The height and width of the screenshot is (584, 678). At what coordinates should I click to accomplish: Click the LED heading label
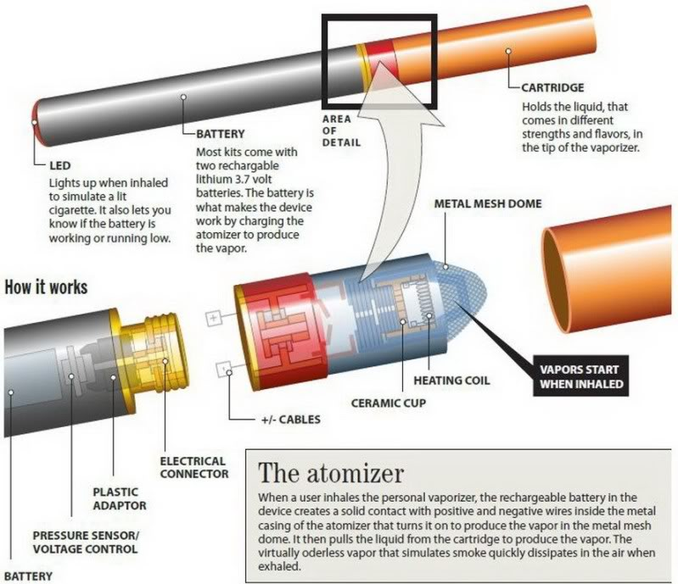pos(59,165)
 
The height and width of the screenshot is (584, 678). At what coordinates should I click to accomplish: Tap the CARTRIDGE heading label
pos(552,87)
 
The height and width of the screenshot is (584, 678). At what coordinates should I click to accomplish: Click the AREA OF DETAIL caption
pos(341,131)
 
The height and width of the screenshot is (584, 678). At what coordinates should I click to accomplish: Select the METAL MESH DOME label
pos(488,204)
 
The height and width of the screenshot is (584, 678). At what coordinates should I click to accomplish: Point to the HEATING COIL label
pos(451,381)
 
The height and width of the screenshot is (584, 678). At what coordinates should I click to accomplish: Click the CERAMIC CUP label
pos(389,403)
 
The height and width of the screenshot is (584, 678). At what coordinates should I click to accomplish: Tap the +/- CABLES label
pos(290,420)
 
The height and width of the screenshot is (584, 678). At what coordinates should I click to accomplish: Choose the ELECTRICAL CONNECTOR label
pos(194,467)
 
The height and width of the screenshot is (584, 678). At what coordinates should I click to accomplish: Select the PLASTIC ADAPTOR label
pos(120,498)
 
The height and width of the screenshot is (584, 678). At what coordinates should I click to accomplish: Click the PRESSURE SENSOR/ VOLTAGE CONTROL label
pos(86,542)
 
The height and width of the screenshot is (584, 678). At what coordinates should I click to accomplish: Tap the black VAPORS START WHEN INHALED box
pos(580,376)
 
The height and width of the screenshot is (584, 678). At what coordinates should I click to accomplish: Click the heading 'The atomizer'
pos(331,474)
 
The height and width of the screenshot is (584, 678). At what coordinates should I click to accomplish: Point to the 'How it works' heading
pos(46,287)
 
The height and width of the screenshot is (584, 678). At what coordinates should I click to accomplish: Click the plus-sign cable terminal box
pos(213,319)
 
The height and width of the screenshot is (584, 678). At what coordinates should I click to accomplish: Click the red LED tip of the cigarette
pos(36,123)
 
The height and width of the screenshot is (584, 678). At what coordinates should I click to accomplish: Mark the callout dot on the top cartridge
pos(508,51)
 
